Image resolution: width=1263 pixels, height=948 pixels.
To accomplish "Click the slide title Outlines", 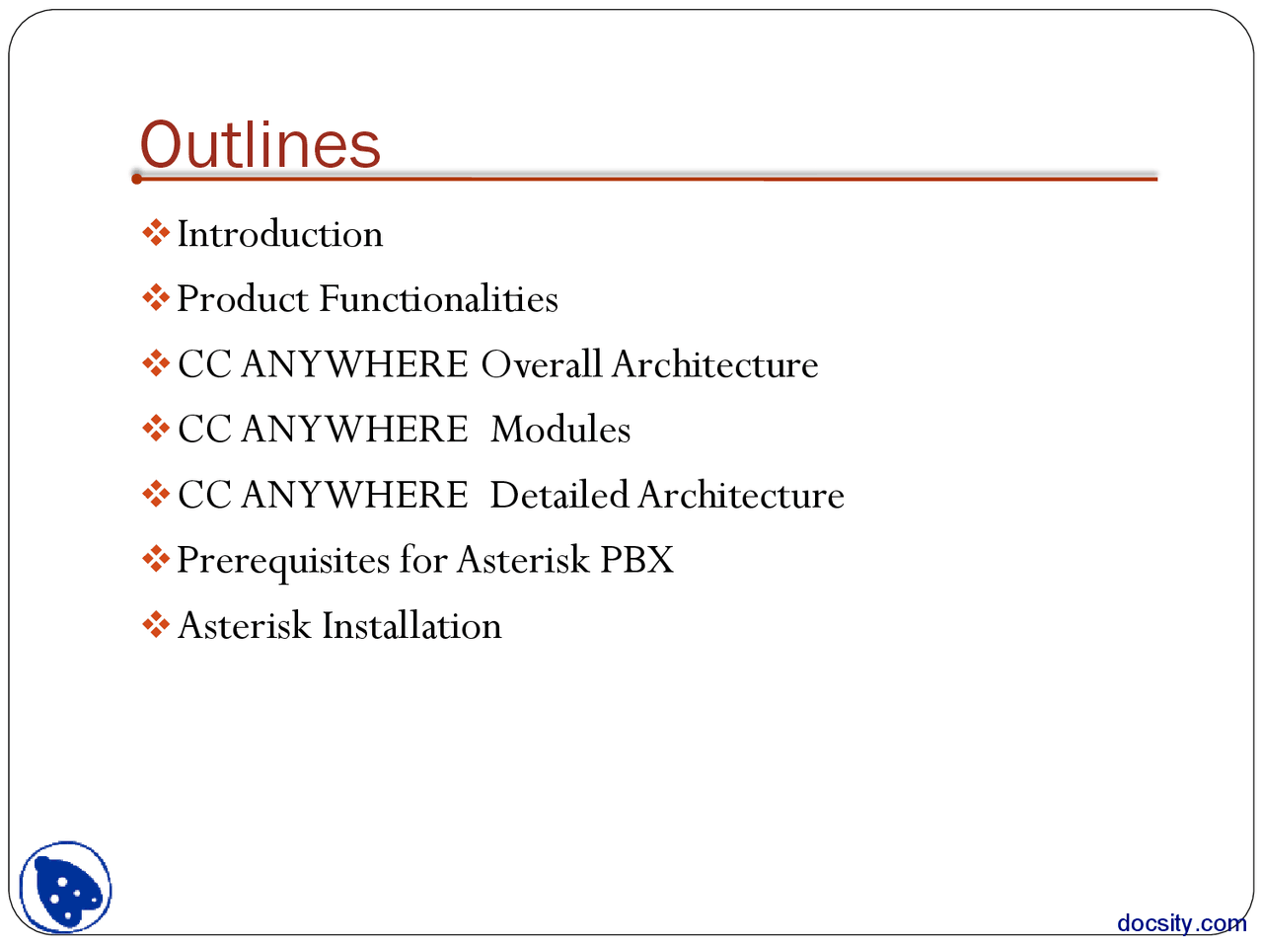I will click(x=260, y=144).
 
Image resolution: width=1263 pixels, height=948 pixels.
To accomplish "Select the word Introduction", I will click(x=280, y=235).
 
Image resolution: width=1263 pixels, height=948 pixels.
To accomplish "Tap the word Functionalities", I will click(x=438, y=299).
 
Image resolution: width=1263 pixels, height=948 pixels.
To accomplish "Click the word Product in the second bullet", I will click(x=242, y=299).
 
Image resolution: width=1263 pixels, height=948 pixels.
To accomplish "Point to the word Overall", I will click(x=541, y=364).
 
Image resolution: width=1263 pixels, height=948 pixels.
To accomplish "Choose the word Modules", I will click(x=560, y=430).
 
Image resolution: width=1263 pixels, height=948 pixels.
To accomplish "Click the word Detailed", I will click(x=558, y=495).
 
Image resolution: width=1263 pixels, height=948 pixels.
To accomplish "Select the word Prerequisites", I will click(x=283, y=561).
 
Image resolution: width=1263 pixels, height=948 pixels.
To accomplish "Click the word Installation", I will click(x=411, y=626).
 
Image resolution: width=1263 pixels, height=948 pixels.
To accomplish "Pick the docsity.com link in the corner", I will click(x=1181, y=923).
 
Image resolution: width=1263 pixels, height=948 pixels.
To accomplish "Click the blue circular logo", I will click(x=66, y=887).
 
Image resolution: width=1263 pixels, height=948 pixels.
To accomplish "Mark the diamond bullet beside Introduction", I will click(x=156, y=234).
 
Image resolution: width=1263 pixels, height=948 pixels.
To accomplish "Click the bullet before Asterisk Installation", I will click(x=156, y=625).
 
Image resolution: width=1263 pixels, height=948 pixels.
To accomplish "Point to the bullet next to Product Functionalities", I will click(x=156, y=298).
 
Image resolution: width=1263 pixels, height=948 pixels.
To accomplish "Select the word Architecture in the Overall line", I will click(x=715, y=364).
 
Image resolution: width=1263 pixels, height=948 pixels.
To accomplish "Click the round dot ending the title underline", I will click(x=137, y=179).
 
